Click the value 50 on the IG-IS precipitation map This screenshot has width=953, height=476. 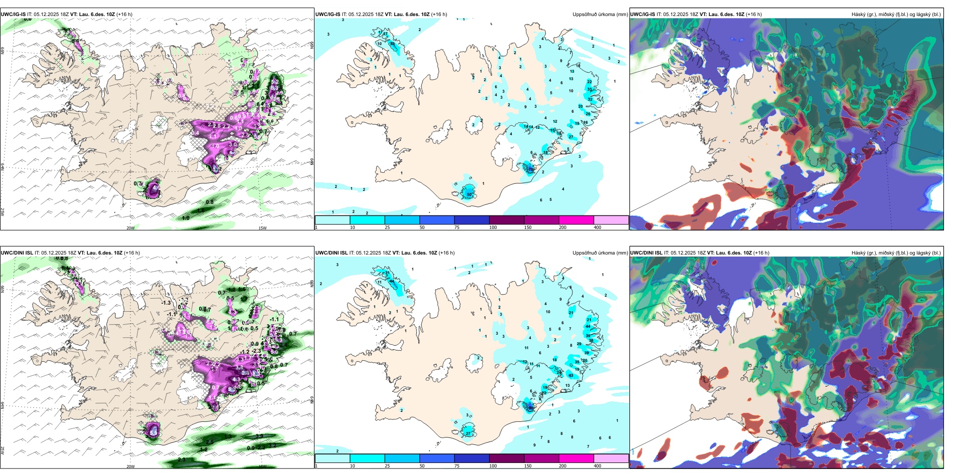469,194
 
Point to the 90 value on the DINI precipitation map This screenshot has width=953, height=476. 531,408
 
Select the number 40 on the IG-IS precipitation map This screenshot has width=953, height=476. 392,44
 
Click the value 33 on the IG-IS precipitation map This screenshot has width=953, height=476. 589,90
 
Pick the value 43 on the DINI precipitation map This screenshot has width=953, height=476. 571,375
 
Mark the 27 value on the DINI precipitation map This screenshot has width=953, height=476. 468,433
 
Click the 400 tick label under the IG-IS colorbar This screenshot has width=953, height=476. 597,227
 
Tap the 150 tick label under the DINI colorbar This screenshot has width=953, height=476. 528,466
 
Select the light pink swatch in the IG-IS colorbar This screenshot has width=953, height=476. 611,220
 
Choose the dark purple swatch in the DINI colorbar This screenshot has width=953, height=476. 507,458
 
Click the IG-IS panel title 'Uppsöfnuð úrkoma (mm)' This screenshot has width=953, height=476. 600,15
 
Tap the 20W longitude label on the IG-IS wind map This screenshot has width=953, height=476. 130,228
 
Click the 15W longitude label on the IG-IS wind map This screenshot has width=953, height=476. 262,228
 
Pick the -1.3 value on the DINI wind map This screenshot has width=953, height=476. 166,303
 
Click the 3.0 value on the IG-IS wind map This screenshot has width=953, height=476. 233,144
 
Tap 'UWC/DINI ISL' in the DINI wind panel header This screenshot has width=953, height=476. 17,253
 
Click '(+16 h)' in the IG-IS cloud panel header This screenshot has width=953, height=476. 754,15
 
